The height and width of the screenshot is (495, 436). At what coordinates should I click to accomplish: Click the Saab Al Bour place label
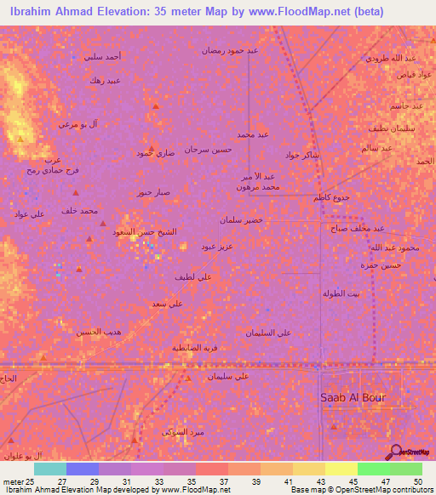tap(353, 397)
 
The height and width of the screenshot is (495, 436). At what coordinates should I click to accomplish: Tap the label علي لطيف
tap(192, 276)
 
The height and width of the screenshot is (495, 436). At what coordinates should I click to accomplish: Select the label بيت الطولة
tap(341, 293)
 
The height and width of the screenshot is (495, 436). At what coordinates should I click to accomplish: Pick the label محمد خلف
tap(80, 210)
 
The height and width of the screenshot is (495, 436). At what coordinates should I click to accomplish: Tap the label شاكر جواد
tap(302, 155)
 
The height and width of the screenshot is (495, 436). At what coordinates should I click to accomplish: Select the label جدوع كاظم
tap(332, 197)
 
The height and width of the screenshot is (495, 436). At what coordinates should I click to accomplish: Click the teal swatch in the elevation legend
tap(50, 469)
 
